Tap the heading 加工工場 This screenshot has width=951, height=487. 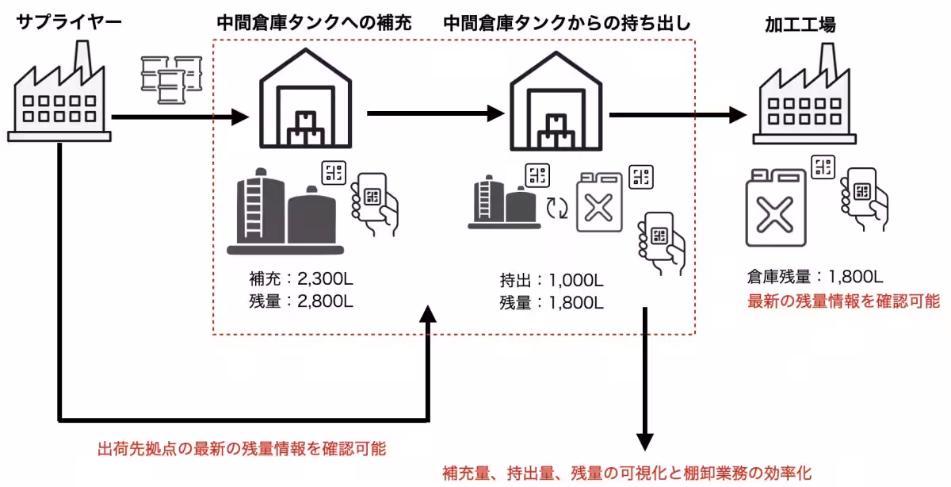coord(800,24)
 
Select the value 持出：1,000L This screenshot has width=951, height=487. coord(552,280)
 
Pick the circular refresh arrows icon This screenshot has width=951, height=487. coord(558,208)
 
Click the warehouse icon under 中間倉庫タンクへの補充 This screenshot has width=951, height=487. coord(306,98)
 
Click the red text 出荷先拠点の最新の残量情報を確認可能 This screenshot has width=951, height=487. coord(241,449)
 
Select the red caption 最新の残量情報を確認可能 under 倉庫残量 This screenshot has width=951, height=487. coord(843,301)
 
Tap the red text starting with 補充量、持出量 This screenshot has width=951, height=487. coord(626,473)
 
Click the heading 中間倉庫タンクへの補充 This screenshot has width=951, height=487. coord(314,24)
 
